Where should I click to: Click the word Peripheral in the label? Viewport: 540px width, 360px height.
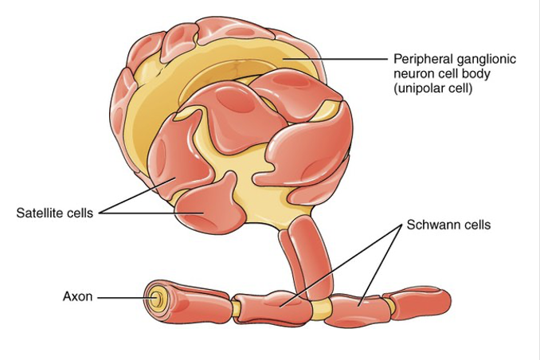click(x=420, y=59)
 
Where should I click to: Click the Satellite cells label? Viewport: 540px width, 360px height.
click(x=54, y=213)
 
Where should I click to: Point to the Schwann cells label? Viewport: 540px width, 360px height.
click(x=448, y=225)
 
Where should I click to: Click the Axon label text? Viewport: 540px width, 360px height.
click(x=77, y=297)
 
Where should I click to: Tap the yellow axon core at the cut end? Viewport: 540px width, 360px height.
click(x=154, y=300)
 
